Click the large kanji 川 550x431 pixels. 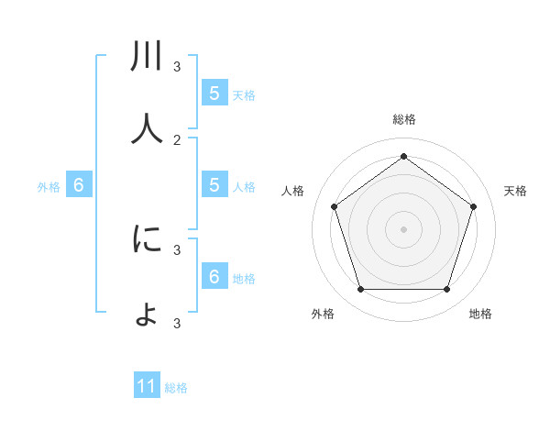coord(147,57)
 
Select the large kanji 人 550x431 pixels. coord(147,128)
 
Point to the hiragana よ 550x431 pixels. coord(147,313)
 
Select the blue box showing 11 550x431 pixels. coord(147,386)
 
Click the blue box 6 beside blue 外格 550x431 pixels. coord(78,185)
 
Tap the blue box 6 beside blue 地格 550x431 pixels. coord(214,277)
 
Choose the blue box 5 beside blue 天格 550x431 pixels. coord(214,94)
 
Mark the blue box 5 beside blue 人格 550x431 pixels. coord(214,185)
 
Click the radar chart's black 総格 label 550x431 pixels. coord(403,119)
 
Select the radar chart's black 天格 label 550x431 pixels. coord(515,191)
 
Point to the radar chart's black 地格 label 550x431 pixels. coord(480,314)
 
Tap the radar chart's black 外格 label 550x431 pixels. coord(323,314)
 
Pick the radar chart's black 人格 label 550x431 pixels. coord(293,191)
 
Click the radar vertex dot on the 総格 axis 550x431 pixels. coord(403,156)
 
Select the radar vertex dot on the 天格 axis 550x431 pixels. coord(473,206)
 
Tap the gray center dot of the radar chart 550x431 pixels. coord(403,229)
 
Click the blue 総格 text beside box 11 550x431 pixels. coord(176,388)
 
